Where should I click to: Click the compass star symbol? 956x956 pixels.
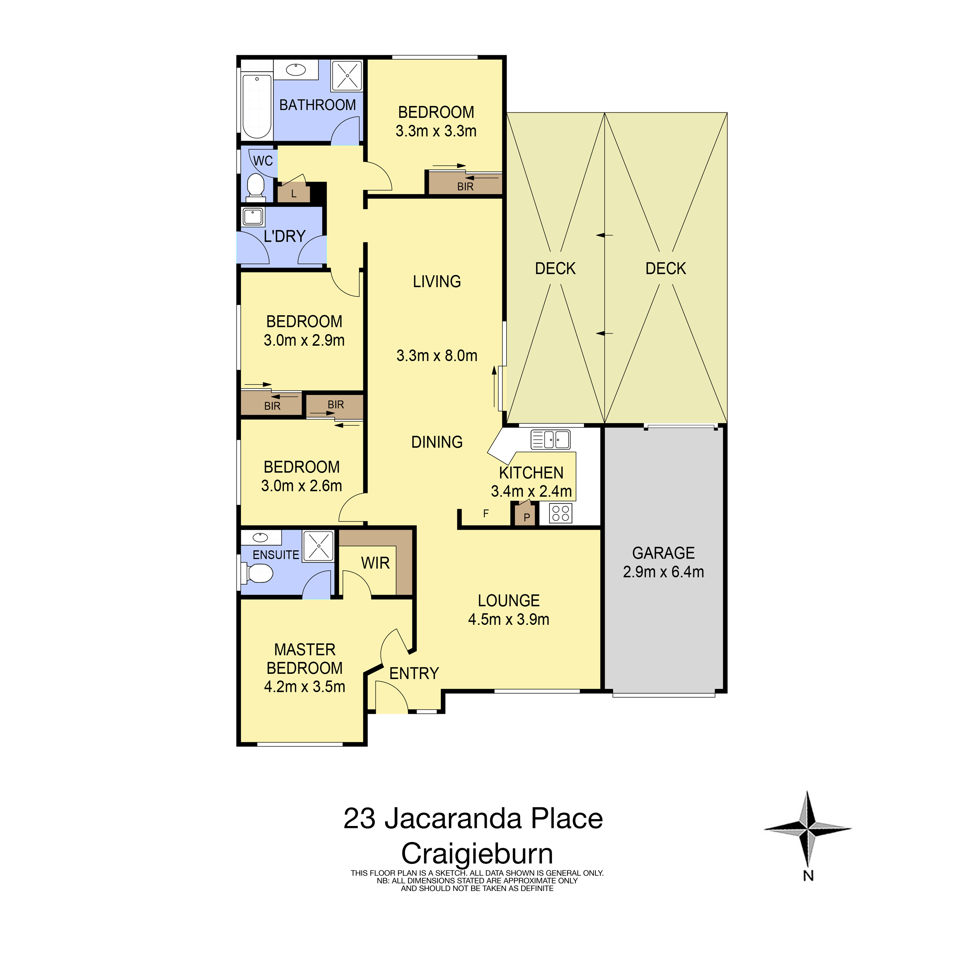[808, 828]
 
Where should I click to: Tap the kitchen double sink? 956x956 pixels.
[550, 439]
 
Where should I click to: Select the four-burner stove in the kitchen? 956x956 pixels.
[561, 513]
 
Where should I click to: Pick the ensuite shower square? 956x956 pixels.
[318, 546]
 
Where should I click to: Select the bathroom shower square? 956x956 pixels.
[347, 75]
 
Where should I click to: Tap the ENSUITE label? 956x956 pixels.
[276, 555]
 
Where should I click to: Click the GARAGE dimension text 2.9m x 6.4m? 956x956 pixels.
[663, 572]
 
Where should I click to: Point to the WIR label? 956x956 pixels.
[375, 563]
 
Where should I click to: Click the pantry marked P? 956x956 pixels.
[526, 515]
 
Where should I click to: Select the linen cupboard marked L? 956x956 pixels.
[293, 193]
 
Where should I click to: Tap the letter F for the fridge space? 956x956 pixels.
[486, 514]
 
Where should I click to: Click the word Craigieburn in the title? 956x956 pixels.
[477, 854]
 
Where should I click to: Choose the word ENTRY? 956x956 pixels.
[414, 673]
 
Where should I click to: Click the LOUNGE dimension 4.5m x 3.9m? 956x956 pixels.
[509, 619]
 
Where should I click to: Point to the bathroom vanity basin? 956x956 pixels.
[296, 70]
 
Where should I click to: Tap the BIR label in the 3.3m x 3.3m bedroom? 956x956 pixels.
[465, 187]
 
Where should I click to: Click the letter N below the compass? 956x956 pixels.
[808, 876]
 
